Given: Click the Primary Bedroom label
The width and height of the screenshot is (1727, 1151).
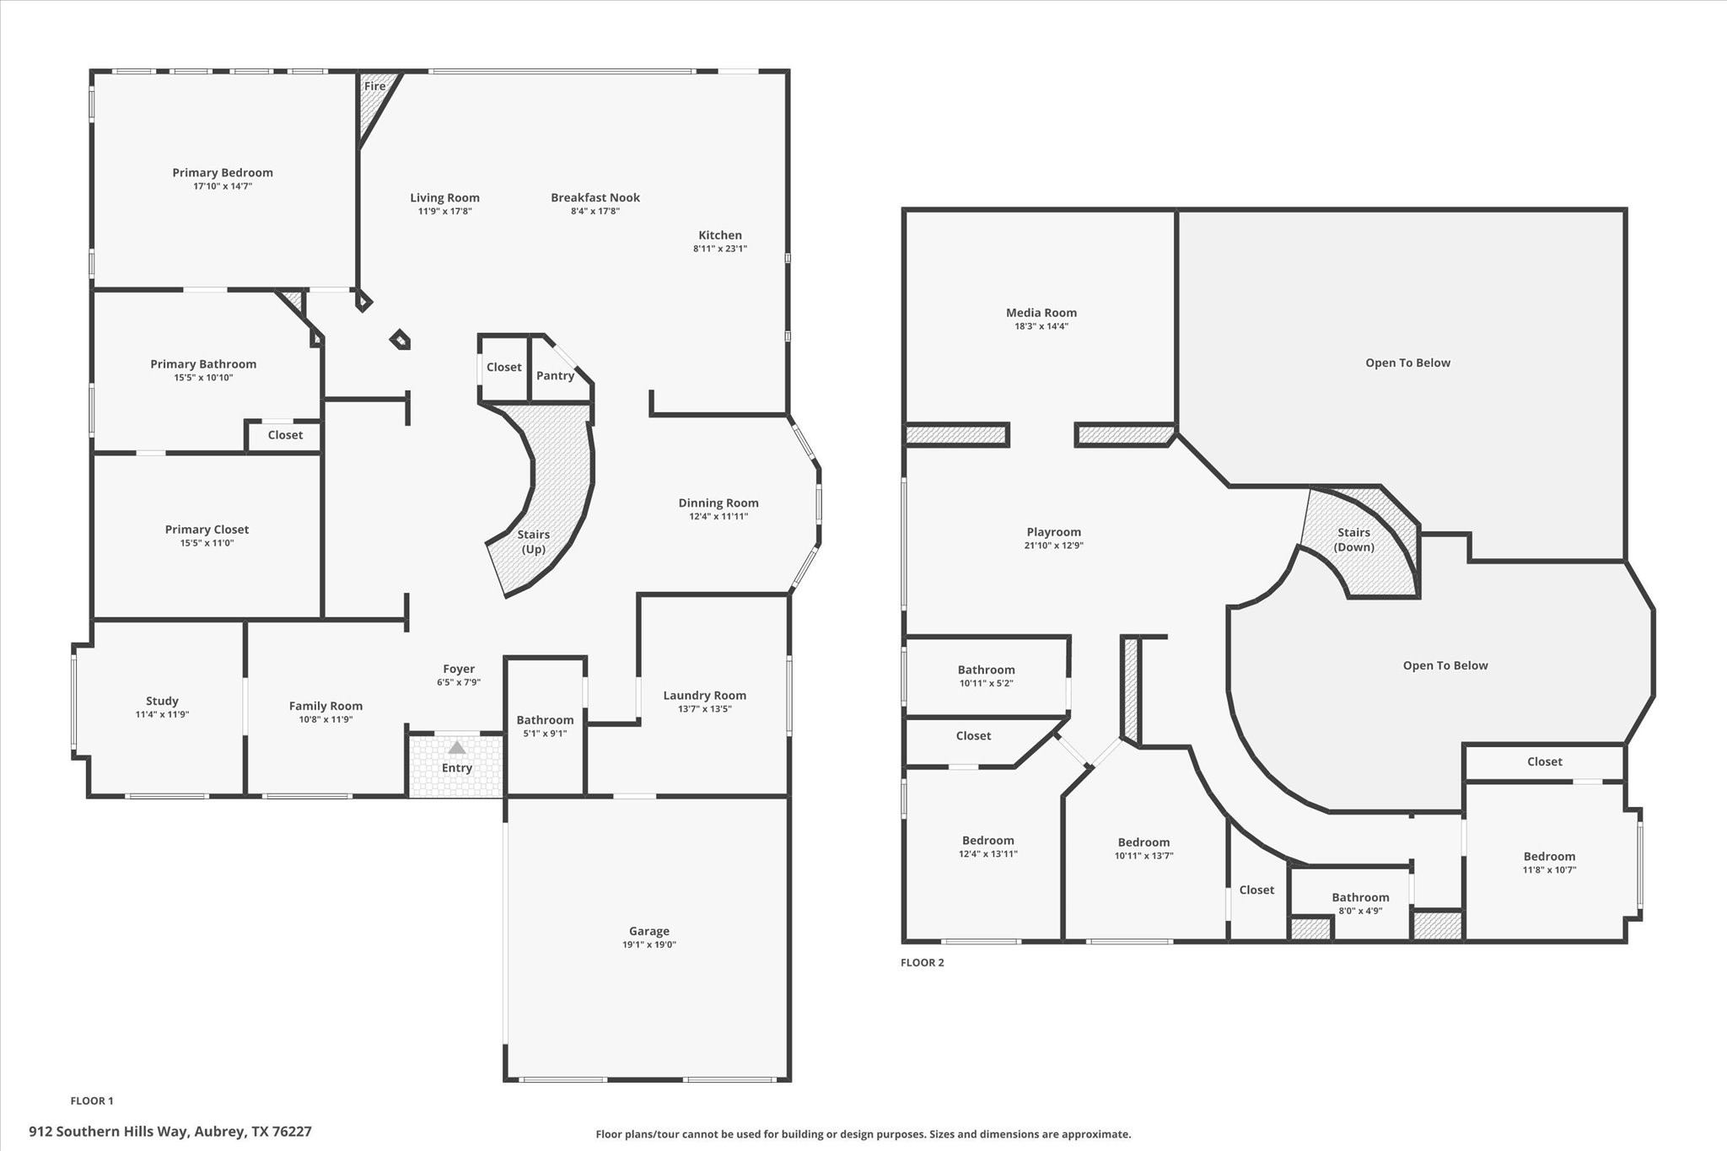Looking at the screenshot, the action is (x=223, y=173).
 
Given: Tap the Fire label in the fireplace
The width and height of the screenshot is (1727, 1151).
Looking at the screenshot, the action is (x=375, y=86).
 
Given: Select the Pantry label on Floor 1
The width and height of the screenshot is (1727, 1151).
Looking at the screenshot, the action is (x=555, y=375).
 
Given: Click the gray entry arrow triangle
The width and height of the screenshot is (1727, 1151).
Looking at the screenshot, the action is (x=456, y=747).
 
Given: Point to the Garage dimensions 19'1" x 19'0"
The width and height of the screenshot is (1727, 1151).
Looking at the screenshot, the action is (x=649, y=944).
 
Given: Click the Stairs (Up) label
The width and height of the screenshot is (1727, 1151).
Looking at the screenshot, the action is (x=534, y=541).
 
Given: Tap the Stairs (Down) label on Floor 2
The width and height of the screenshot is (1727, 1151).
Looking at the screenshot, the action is (x=1354, y=540).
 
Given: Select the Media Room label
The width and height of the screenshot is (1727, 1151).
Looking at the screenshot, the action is (x=1041, y=313).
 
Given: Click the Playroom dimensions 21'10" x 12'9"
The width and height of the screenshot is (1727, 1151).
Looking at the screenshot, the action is (x=1054, y=546).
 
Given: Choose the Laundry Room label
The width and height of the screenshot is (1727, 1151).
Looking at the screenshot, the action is (x=705, y=696).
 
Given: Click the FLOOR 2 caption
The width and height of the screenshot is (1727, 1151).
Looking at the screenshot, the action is (x=923, y=962).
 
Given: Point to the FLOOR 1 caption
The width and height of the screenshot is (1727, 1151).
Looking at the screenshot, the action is (x=92, y=1100).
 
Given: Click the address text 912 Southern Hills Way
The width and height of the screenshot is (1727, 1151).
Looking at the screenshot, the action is (x=109, y=1132).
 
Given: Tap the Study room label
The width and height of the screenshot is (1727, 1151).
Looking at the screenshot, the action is (x=162, y=701).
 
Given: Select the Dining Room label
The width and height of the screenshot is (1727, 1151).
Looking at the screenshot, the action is (x=718, y=503).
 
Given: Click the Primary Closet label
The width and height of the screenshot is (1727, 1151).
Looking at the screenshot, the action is (x=207, y=530).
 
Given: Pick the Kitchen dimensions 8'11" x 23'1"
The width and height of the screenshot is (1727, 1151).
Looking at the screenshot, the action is (x=720, y=249).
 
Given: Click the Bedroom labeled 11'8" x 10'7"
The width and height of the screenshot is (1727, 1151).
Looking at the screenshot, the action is (x=1549, y=857).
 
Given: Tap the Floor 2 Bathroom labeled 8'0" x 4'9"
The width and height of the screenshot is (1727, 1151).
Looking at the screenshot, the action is (x=1360, y=898).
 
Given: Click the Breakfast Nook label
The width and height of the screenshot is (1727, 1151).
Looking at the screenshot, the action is (x=595, y=198).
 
